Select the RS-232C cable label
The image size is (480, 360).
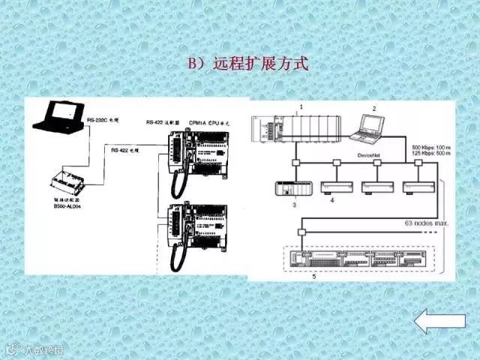point(103,119)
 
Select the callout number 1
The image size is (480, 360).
point(301,107)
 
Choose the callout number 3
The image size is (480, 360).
point(295,203)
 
